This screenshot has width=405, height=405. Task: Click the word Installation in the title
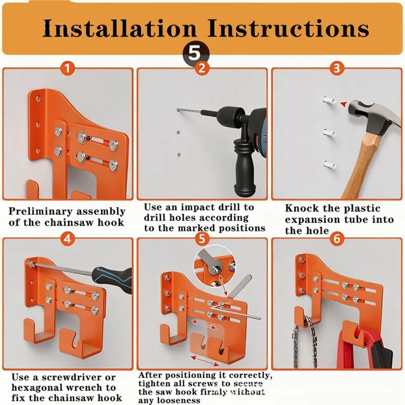(x=120, y=28)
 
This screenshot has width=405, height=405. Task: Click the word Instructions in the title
(x=289, y=28)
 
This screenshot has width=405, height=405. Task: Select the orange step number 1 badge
(x=67, y=68)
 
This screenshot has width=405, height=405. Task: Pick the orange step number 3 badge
(x=337, y=68)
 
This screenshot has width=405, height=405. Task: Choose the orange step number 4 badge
(x=67, y=239)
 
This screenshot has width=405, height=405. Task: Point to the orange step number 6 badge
(x=337, y=239)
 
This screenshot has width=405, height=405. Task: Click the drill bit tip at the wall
(x=178, y=110)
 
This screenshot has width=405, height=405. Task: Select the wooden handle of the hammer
(x=363, y=166)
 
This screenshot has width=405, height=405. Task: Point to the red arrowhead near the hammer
(x=344, y=104)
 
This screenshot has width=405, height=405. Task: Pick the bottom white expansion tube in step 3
(x=330, y=165)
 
